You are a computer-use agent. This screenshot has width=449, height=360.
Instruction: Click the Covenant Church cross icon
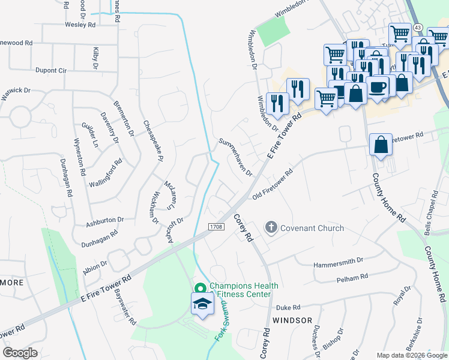click(271, 227)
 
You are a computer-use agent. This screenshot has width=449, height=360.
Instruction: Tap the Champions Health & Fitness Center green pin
click(200, 289)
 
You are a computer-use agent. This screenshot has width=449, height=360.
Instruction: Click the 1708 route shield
click(217, 227)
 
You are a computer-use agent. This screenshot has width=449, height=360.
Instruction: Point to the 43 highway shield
click(418, 28)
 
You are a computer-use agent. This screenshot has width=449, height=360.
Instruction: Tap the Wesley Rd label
click(80, 25)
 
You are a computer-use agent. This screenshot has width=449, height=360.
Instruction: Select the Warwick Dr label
click(17, 91)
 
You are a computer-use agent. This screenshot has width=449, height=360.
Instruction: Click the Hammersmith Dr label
click(339, 262)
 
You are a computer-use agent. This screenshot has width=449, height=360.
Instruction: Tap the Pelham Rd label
click(352, 278)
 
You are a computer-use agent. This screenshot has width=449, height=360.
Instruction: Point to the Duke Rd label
click(287, 307)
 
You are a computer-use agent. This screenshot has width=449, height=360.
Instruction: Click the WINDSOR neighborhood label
click(292, 320)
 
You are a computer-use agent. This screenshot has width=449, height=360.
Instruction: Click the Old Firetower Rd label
click(273, 184)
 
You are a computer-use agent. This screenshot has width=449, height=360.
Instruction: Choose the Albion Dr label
click(95, 263)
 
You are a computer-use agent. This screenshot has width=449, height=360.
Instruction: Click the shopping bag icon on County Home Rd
click(381, 145)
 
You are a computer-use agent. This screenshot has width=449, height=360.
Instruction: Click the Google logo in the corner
click(20, 353)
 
